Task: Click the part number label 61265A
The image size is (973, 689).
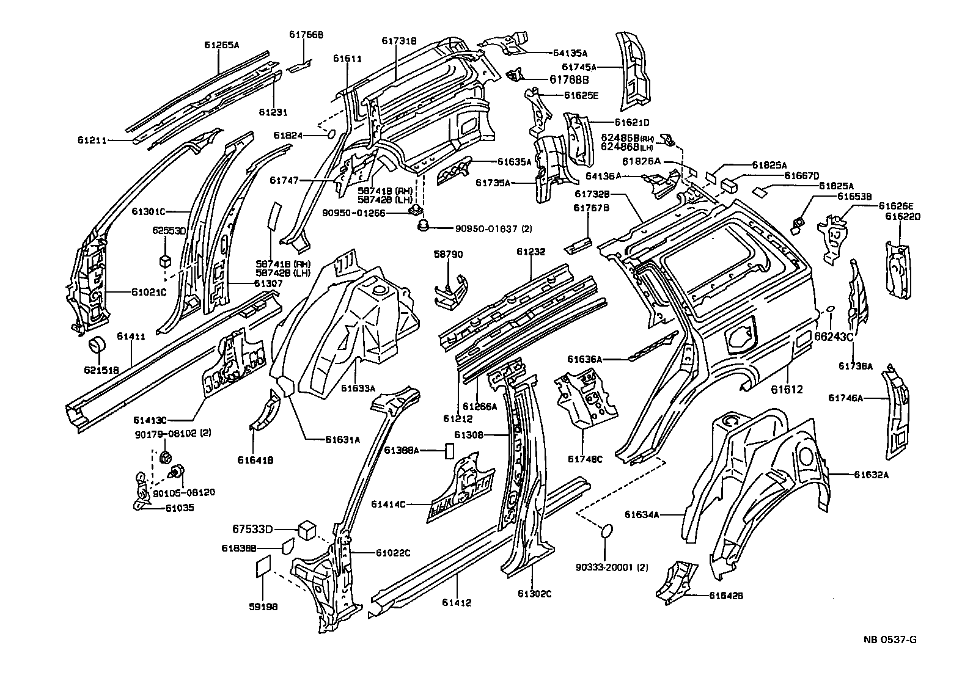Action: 221,45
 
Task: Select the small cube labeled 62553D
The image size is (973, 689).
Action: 164,261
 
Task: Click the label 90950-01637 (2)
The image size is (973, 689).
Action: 493,229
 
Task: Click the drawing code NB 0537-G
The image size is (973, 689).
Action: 890,640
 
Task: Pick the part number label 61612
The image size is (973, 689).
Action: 786,389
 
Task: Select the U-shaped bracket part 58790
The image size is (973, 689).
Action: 451,291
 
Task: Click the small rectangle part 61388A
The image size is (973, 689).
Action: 449,451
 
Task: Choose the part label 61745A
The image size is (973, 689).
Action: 579,67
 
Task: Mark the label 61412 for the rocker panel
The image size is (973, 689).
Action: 457,603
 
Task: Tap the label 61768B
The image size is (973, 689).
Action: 568,79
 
